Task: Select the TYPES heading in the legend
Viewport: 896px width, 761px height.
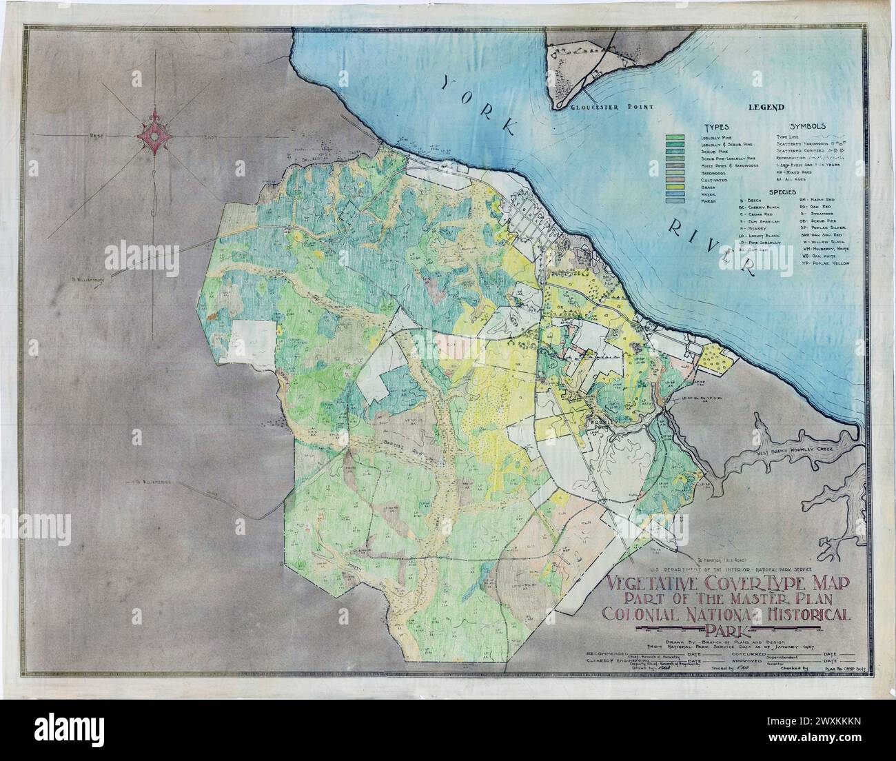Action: (x=717, y=128)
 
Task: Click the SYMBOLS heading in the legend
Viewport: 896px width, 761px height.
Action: (x=807, y=128)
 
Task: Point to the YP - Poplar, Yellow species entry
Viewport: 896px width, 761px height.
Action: (x=825, y=263)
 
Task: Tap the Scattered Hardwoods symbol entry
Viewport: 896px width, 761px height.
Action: (x=805, y=143)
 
